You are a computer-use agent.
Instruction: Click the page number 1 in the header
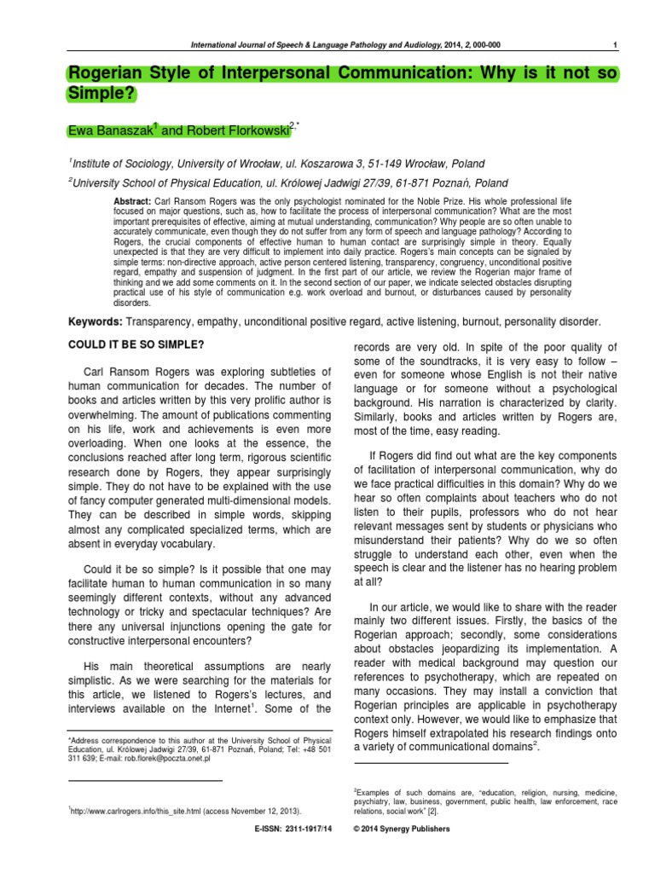616,44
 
